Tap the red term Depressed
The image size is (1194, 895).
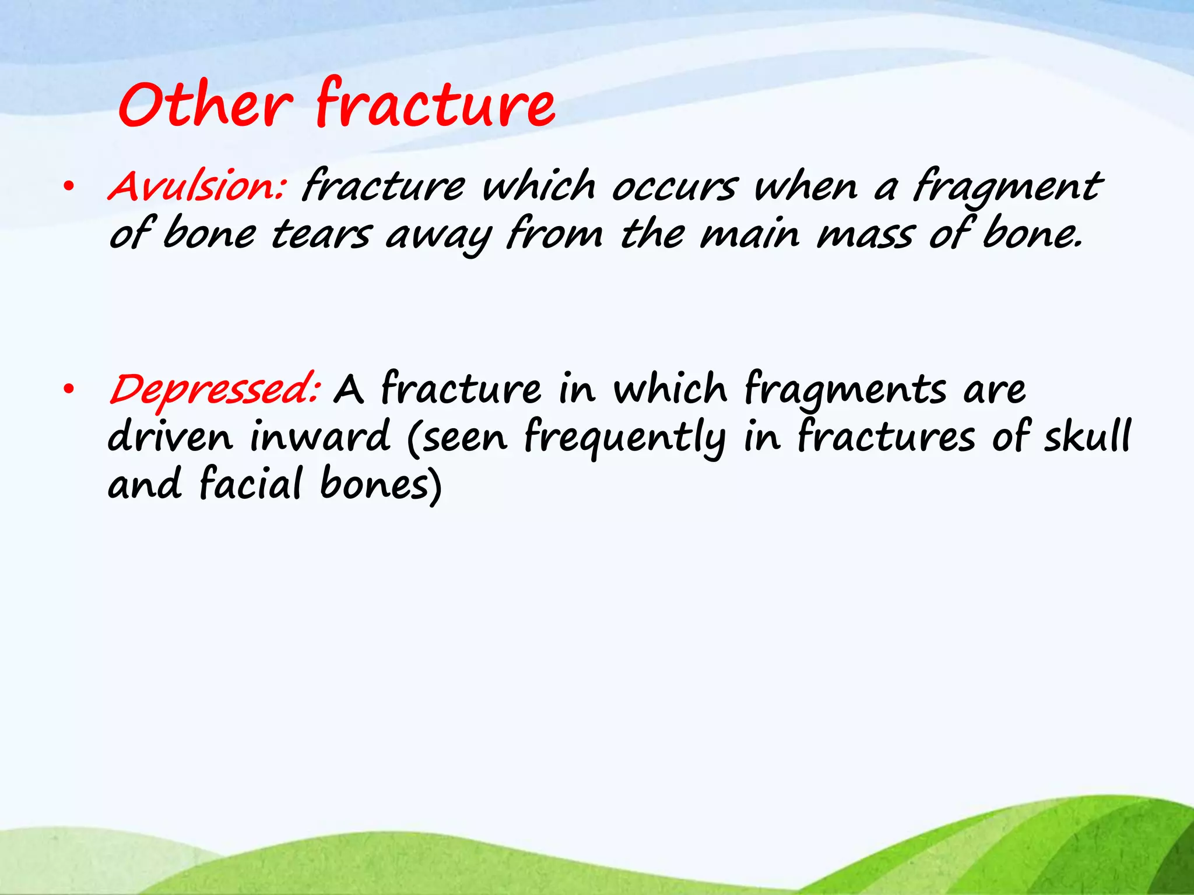point(213,390)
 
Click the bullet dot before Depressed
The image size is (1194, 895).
point(68,390)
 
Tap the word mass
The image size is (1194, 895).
point(864,235)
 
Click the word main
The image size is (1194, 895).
point(749,235)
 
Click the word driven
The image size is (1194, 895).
point(170,436)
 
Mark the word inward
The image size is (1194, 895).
point(319,436)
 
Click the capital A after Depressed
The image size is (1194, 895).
point(349,390)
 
